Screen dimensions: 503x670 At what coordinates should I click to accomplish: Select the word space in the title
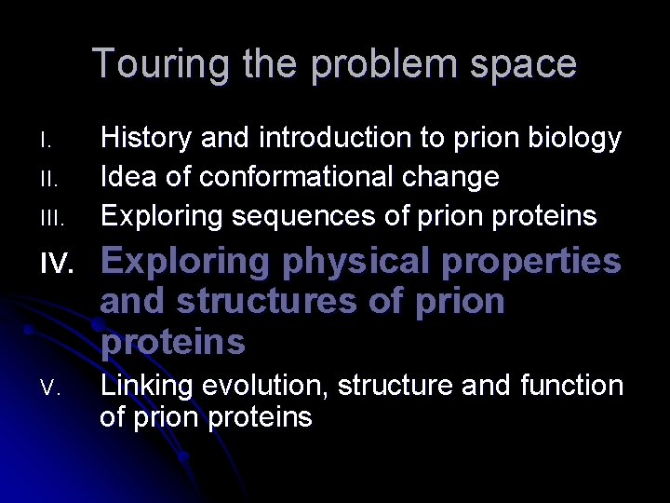point(527,64)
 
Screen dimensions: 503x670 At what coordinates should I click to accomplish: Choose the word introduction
point(335,139)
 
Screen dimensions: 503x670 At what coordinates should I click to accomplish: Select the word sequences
point(292,217)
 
